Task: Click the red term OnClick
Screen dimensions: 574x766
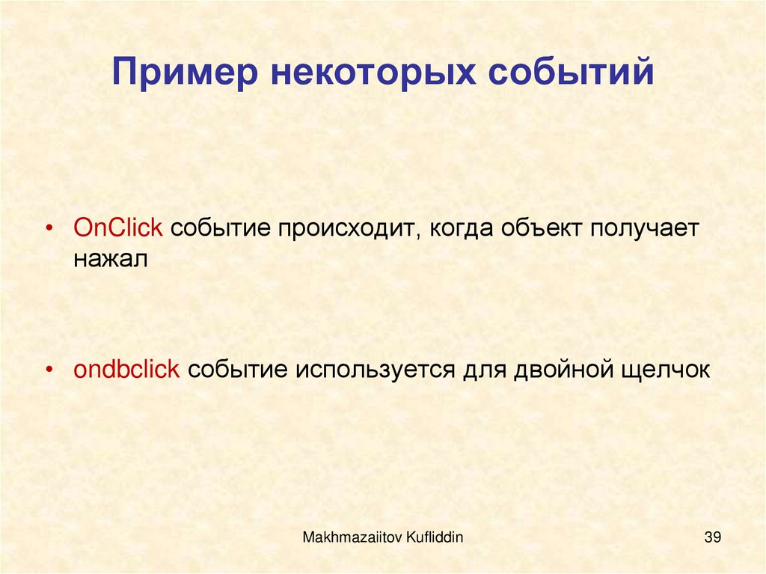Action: pos(117,228)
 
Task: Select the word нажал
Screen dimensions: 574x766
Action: pos(111,259)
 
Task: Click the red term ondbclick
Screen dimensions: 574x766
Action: pos(126,369)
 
